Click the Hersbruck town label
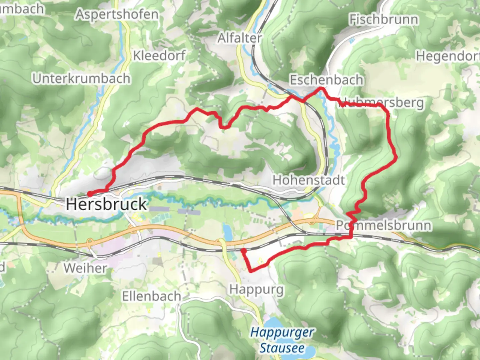[106, 204]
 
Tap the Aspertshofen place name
[117, 15]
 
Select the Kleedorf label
[159, 56]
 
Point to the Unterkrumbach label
[81, 79]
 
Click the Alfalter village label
[240, 38]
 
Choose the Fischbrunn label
[383, 20]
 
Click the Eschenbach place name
[326, 80]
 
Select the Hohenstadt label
[308, 180]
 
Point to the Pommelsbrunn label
[383, 225]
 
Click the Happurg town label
[256, 289]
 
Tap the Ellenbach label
[151, 296]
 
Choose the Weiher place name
[85, 268]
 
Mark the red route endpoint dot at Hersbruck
[90, 194]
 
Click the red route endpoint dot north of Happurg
[244, 250]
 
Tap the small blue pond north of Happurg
[227, 230]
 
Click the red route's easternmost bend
[396, 156]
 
